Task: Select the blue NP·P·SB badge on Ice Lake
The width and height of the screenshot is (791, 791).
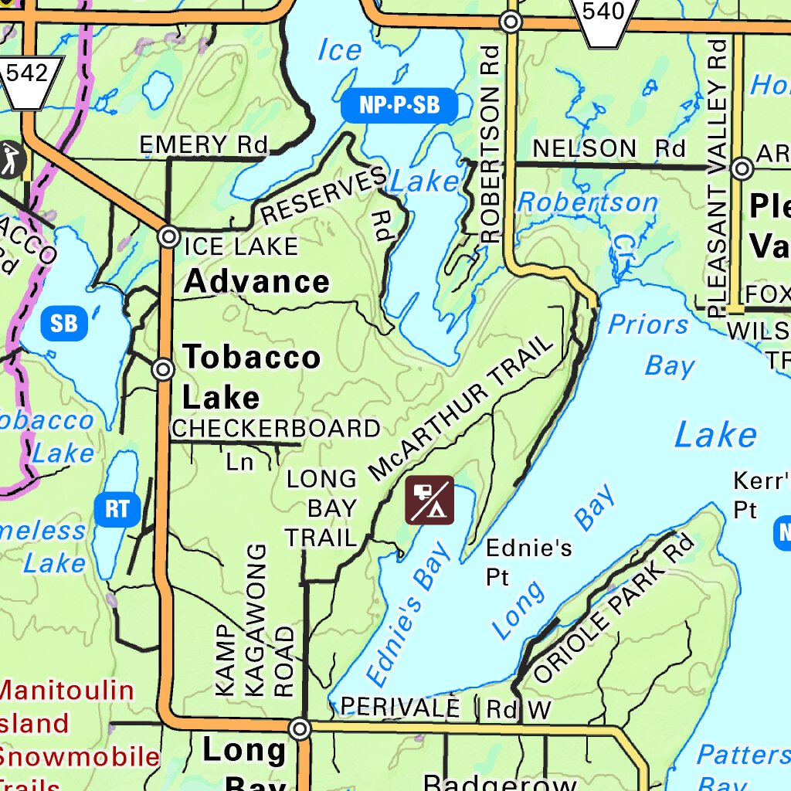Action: (x=399, y=106)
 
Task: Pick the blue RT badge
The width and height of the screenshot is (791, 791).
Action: (x=117, y=510)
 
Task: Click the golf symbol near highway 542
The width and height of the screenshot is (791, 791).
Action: (x=11, y=160)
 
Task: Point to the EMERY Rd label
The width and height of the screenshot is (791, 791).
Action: (x=203, y=144)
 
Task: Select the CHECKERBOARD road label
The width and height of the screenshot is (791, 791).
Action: (x=276, y=428)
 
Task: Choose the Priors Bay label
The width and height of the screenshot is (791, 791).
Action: (x=649, y=345)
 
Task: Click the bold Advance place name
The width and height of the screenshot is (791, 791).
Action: (x=256, y=281)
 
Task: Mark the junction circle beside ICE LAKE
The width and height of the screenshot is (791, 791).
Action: (x=169, y=236)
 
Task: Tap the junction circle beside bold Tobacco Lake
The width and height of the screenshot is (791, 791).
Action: (x=163, y=369)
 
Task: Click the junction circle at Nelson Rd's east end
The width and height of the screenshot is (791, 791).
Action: (x=742, y=168)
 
